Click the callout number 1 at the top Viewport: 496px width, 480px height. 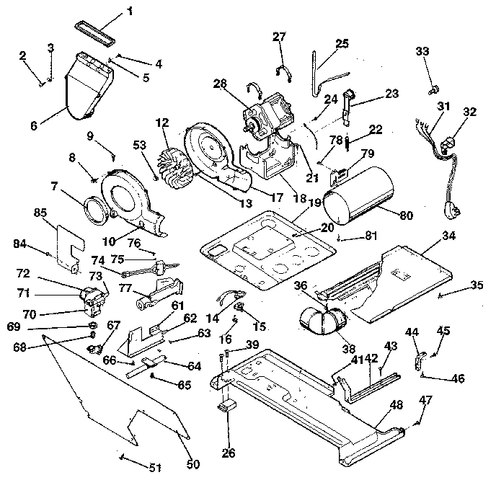(130, 11)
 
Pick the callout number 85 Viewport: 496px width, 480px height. (41, 212)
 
